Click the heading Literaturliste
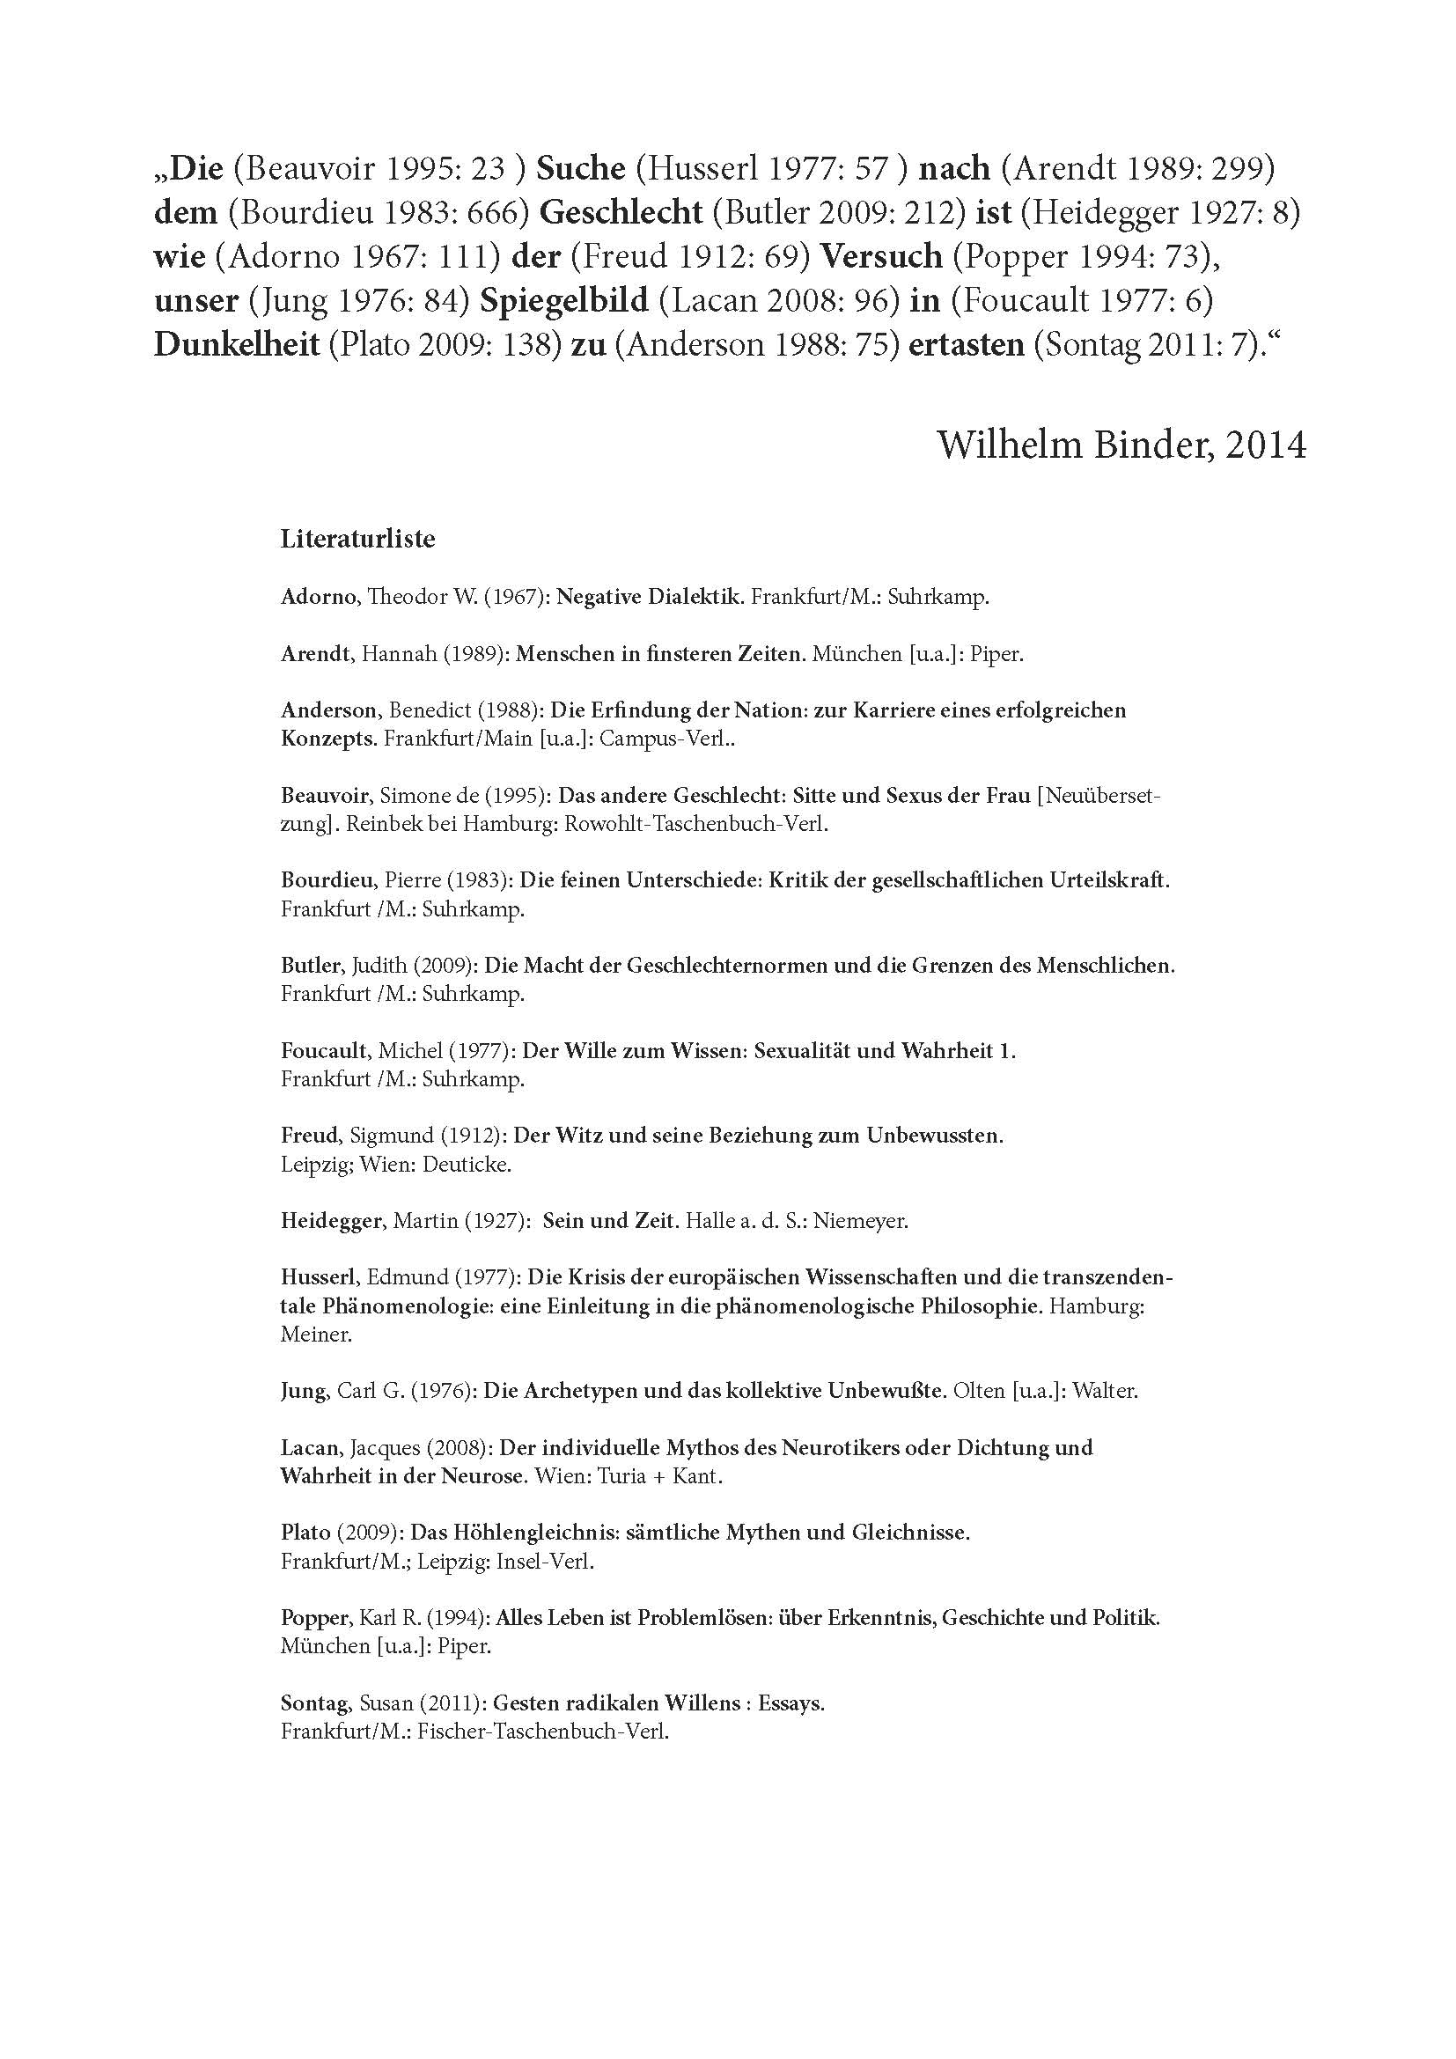357,539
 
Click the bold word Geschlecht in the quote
622,211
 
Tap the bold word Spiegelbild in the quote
563,300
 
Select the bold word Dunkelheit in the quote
237,344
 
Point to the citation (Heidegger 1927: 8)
1160,211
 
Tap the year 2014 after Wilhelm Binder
1266,445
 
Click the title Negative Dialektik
650,597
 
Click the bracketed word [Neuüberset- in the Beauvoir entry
1099,796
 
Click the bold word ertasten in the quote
967,344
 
